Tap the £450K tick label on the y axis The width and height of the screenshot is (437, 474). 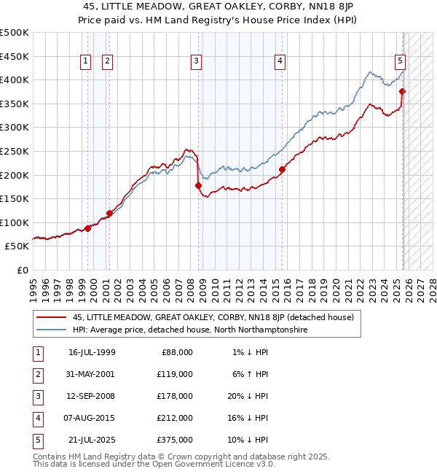[x=15, y=56]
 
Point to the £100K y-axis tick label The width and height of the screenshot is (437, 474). [x=15, y=222]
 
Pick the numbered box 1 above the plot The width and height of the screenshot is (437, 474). [x=86, y=61]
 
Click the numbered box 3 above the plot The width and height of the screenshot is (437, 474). [x=196, y=61]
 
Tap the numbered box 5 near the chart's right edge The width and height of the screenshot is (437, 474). [x=401, y=61]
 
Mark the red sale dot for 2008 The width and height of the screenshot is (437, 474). [x=198, y=186]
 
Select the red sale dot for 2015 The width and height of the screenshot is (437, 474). [x=282, y=169]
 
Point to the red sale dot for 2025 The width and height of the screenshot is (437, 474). [x=403, y=92]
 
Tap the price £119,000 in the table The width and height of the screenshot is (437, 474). [x=176, y=374]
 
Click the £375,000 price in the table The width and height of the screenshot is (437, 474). [x=176, y=440]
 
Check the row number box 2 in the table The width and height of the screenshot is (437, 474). [x=37, y=374]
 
